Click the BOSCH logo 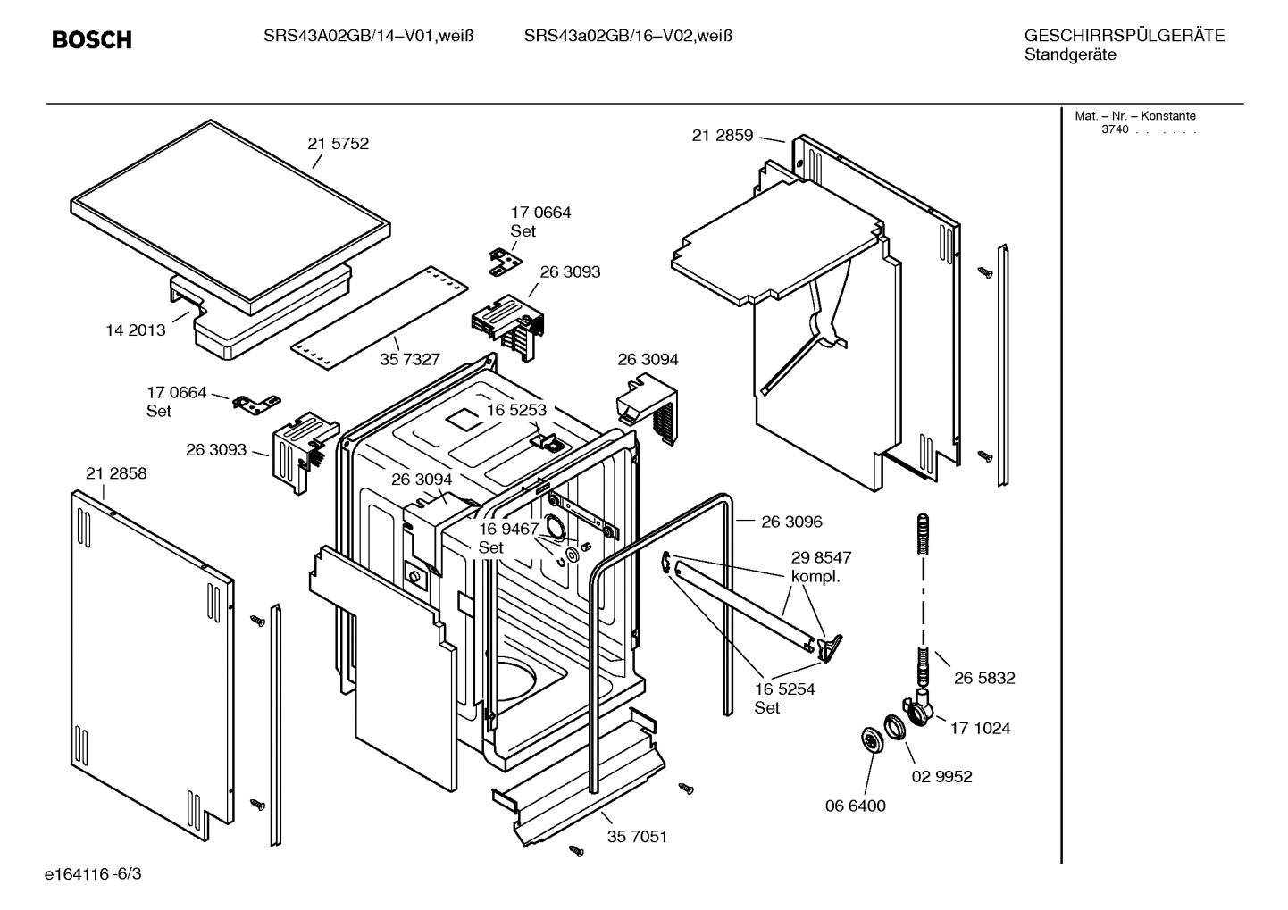point(91,40)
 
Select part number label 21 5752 point(338,144)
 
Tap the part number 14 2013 point(136,330)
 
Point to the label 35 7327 point(410,359)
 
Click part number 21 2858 point(116,473)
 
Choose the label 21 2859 point(722,136)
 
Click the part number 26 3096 point(791,522)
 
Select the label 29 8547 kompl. point(821,567)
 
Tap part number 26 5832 point(984,678)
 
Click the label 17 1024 point(980,728)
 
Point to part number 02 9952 point(941,776)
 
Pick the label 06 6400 point(855,806)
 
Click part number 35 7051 point(637,837)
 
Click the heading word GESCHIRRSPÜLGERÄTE point(1124,37)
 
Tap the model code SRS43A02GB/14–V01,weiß point(368,37)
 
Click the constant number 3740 point(1114,129)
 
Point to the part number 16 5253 point(516,410)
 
